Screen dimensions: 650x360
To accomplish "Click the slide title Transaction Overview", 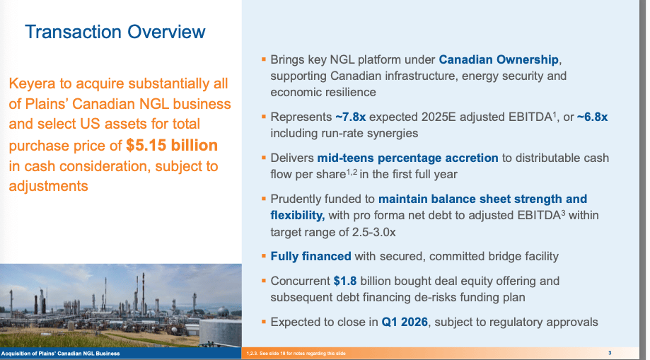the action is tap(115, 32).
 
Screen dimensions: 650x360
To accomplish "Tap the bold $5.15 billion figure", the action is tap(172, 145).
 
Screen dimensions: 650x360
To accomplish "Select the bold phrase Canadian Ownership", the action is tap(499, 59).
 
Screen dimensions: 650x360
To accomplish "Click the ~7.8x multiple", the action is tap(350, 117).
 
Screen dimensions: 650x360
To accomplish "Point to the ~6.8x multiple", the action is tap(593, 117).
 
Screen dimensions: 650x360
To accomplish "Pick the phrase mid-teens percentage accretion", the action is tap(407, 158).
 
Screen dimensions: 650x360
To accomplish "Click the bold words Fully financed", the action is tap(311, 256).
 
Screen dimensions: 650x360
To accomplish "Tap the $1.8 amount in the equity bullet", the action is tap(345, 281).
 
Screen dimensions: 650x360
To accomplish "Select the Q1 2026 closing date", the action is tap(405, 322).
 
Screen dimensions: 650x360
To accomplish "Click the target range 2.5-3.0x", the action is tap(374, 232).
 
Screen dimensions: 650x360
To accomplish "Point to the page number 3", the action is tap(610, 353).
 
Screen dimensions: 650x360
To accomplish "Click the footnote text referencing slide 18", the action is tap(296, 354).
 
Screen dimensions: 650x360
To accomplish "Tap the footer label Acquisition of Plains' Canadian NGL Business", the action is tap(61, 354).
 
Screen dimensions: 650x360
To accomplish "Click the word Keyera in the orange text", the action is tap(32, 83).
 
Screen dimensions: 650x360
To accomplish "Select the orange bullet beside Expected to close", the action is tap(264, 321).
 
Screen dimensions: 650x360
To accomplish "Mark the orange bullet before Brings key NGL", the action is tap(264, 59).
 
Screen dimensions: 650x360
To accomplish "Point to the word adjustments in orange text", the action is tap(48, 186).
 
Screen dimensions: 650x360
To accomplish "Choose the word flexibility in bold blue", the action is tap(297, 216).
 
